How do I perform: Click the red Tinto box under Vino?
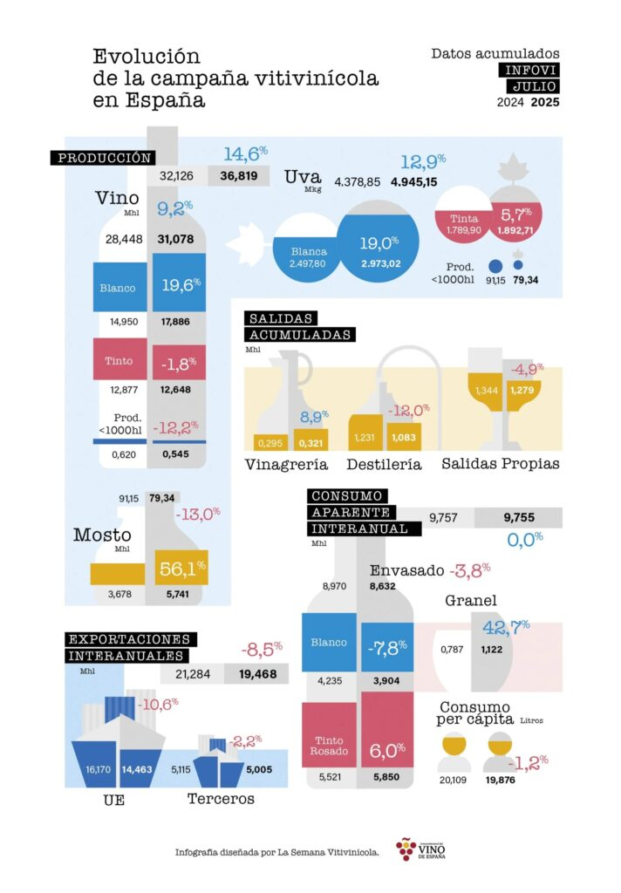pos(119,359)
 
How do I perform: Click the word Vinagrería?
pos(286,463)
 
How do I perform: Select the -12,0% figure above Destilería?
pos(409,410)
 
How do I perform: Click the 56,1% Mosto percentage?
pos(181,569)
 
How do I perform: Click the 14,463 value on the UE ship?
pos(140,770)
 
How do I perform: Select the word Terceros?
pos(222,798)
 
